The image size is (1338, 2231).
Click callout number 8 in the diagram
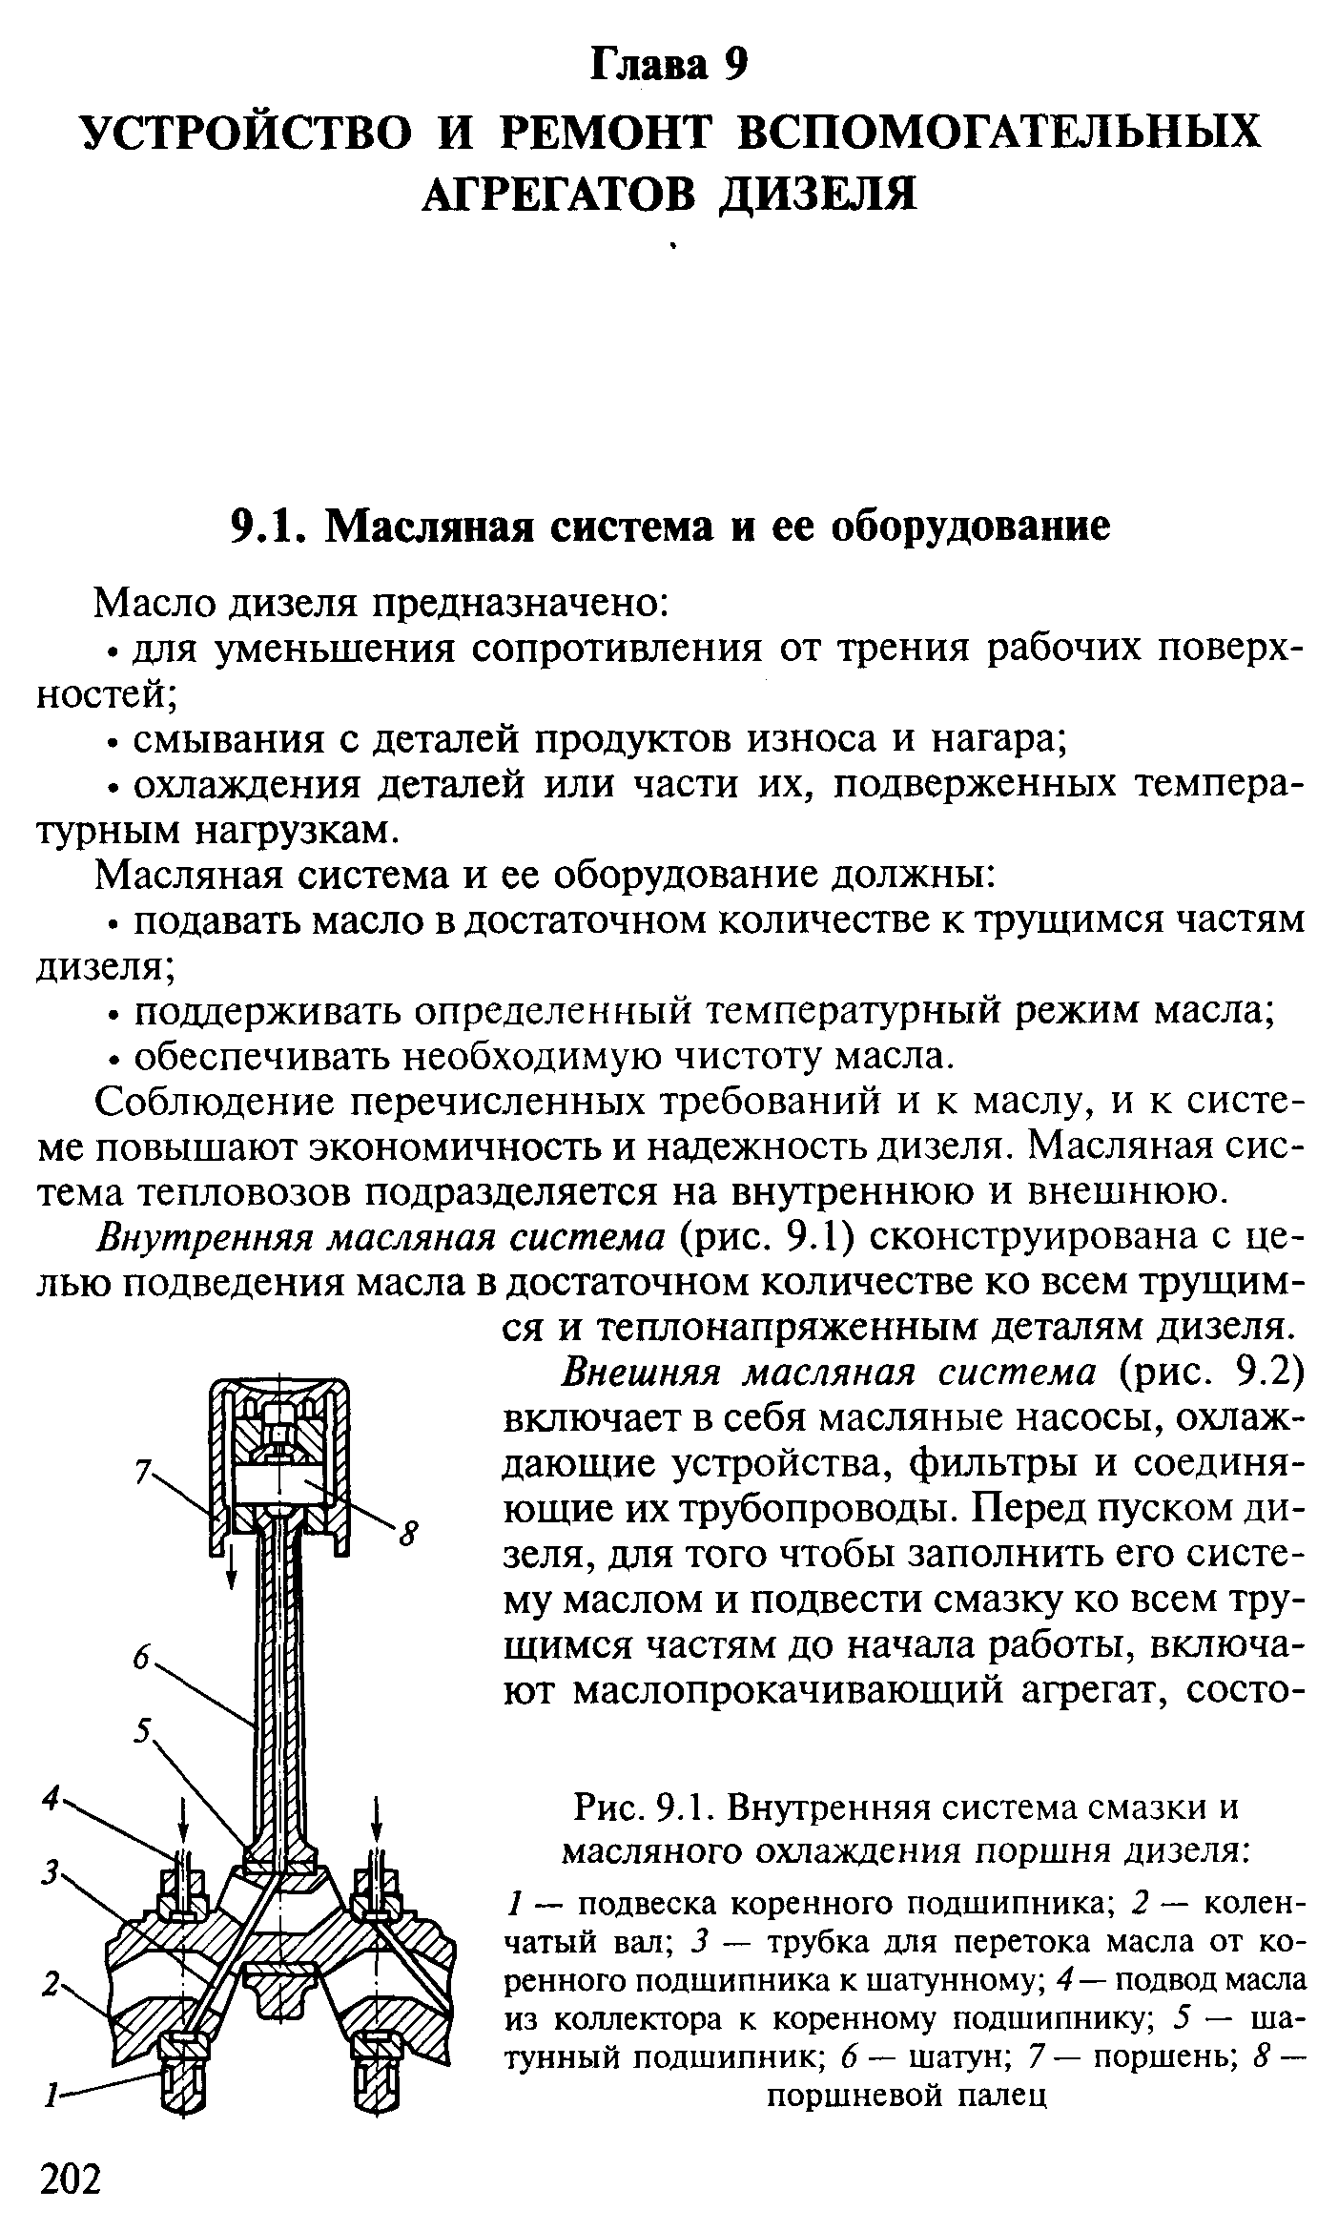click(x=408, y=1536)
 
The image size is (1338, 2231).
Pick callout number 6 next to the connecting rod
click(x=142, y=1661)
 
